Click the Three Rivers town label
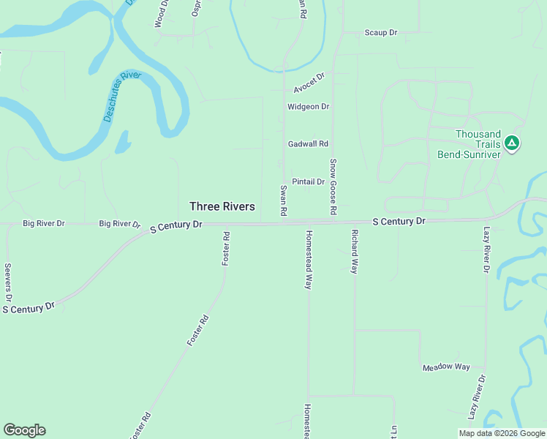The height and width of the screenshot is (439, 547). [x=222, y=207]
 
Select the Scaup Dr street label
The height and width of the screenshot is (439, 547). [x=380, y=33]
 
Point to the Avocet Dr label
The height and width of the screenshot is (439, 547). [x=309, y=83]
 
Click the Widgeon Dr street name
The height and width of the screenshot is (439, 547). [x=309, y=107]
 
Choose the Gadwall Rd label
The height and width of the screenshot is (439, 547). [x=308, y=144]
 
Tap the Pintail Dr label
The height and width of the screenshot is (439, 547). [x=308, y=181]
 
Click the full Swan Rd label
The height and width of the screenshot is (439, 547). [x=283, y=200]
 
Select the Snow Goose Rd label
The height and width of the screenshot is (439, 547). [x=333, y=187]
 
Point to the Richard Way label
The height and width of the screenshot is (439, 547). [x=354, y=251]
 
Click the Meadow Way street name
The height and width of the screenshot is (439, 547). [x=446, y=367]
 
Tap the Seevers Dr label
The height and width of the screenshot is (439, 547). [x=8, y=283]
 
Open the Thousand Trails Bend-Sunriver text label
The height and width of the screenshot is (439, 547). [x=478, y=144]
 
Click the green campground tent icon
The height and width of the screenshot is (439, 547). [x=513, y=143]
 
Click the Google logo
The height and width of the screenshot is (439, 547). [x=24, y=430]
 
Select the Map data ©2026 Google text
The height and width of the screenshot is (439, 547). [x=501, y=433]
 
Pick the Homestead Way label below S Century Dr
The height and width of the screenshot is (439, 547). [x=309, y=260]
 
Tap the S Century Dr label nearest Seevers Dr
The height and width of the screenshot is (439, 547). [x=29, y=309]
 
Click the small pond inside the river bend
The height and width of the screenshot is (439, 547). [x=121, y=141]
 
